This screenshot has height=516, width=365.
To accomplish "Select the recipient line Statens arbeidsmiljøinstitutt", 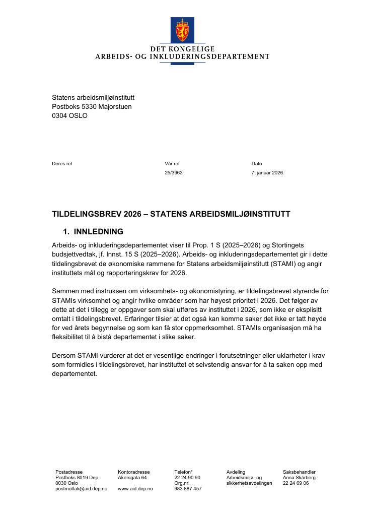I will pyautogui.click(x=93, y=97).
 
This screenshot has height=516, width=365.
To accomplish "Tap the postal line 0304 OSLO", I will pyautogui.click(x=69, y=115).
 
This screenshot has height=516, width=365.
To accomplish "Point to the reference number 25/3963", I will pyautogui.click(x=174, y=172).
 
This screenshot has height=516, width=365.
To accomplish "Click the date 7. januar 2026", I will pyautogui.click(x=267, y=172).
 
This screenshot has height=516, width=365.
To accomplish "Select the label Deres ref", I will pyautogui.click(x=62, y=163).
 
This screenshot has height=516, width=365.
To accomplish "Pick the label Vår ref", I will pyautogui.click(x=172, y=163).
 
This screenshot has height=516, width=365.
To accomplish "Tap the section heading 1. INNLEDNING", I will pyautogui.click(x=93, y=232).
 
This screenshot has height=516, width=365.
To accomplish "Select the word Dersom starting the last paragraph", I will pyautogui.click(x=64, y=355).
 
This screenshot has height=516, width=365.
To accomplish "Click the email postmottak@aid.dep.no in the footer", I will pyautogui.click(x=81, y=489).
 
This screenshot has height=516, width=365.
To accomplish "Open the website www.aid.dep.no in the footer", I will pyautogui.click(x=135, y=489).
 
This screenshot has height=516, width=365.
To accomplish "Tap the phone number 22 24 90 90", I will pyautogui.click(x=187, y=478).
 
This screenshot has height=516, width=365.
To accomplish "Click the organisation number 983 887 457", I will pyautogui.click(x=188, y=489).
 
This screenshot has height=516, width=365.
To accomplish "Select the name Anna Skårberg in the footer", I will pyautogui.click(x=299, y=478).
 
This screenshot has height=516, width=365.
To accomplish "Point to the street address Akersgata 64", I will pyautogui.click(x=132, y=478).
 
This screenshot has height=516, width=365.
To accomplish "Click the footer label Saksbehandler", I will pyautogui.click(x=299, y=472).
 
